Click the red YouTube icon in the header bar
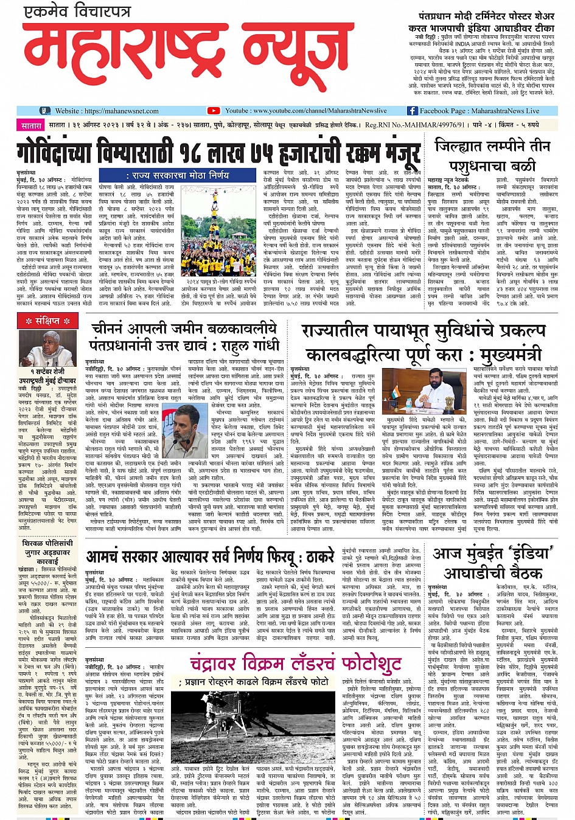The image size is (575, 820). (x=213, y=111)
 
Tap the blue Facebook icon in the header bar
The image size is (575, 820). (x=412, y=111)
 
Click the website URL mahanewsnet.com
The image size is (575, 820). (x=122, y=111)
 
